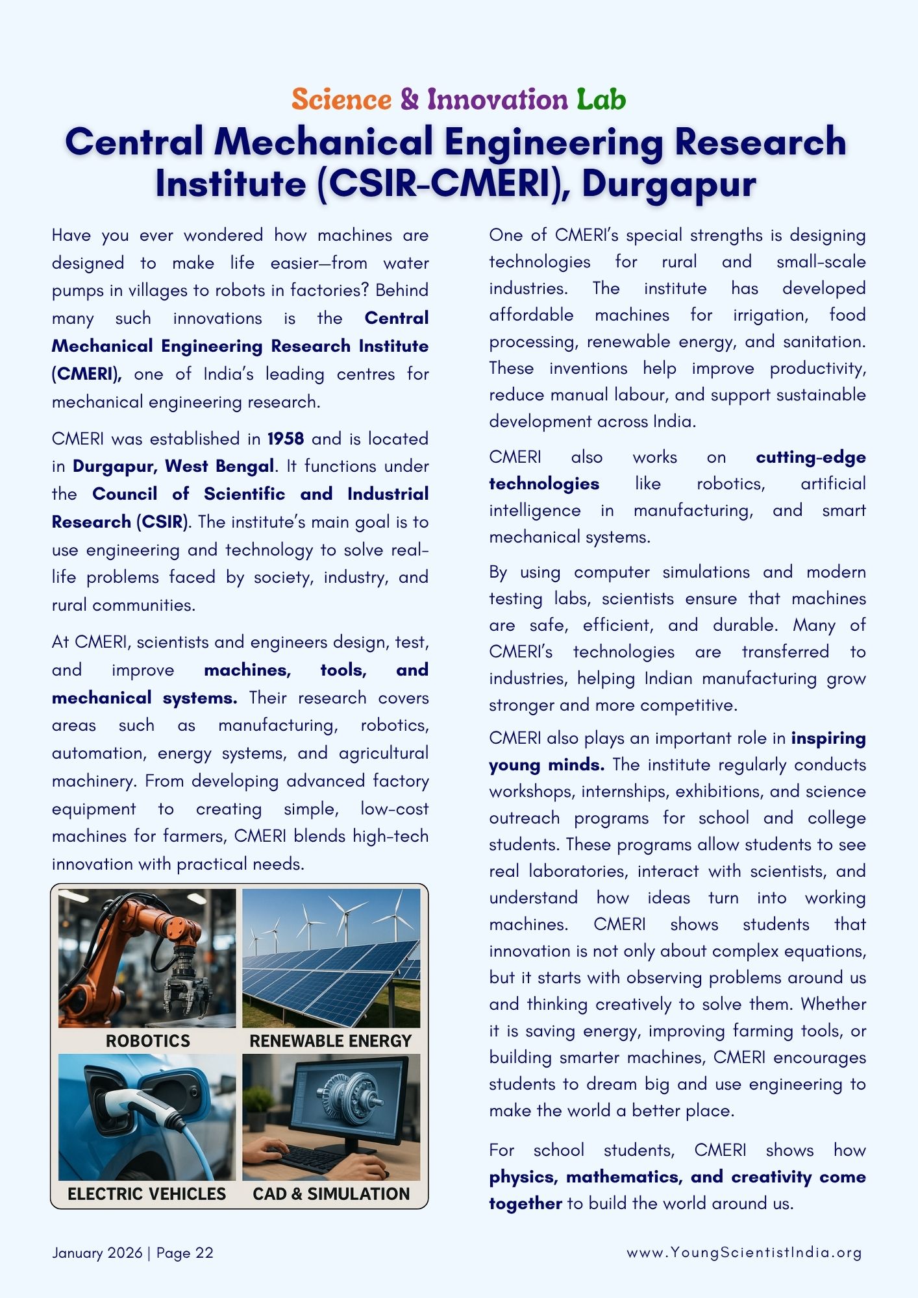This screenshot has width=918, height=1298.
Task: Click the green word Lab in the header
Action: (601, 100)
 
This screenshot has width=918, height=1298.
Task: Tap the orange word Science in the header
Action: (341, 100)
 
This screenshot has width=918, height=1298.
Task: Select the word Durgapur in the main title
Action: (669, 184)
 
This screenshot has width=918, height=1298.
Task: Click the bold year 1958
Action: (286, 439)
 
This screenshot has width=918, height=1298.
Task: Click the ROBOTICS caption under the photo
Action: (148, 1041)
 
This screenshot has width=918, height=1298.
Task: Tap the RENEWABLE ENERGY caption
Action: (330, 1041)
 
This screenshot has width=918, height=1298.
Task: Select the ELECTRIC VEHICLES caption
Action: (147, 1194)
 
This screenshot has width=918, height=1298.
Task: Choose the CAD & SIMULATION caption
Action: (331, 1194)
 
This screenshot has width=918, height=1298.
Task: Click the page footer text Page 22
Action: (185, 1253)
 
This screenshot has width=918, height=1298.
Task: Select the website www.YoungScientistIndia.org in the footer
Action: (744, 1253)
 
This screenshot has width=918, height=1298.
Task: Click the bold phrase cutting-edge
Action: (810, 457)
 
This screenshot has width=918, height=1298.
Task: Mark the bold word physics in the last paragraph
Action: (523, 1177)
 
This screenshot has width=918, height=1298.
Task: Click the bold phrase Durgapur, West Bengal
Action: (173, 467)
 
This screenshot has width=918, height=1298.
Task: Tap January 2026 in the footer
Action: (97, 1253)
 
